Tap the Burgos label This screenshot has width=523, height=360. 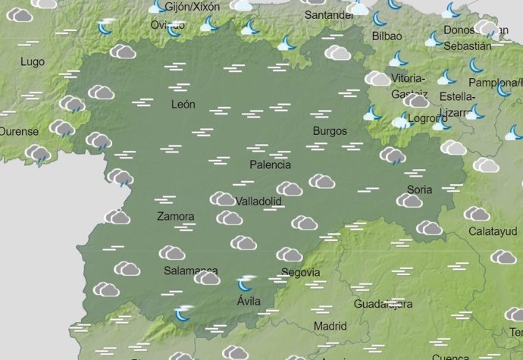(x=330, y=131)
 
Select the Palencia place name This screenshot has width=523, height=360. (x=271, y=164)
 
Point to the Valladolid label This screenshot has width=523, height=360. (x=258, y=202)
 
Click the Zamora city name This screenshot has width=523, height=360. (x=175, y=217)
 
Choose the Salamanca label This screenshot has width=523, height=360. (x=191, y=271)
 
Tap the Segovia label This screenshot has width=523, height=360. (x=300, y=273)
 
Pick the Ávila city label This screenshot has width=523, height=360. (x=249, y=301)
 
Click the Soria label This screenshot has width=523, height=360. (x=419, y=189)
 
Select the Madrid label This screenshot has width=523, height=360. (x=330, y=326)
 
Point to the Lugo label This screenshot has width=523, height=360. (x=33, y=62)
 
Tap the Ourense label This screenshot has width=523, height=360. (x=18, y=131)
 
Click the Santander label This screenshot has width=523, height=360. (x=329, y=15)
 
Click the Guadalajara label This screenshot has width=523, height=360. (x=383, y=304)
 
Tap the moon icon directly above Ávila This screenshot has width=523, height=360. (x=245, y=284)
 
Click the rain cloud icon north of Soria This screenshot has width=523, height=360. (x=393, y=156)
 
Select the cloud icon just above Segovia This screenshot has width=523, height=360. (x=289, y=255)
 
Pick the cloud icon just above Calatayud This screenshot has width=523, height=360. (x=477, y=214)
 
